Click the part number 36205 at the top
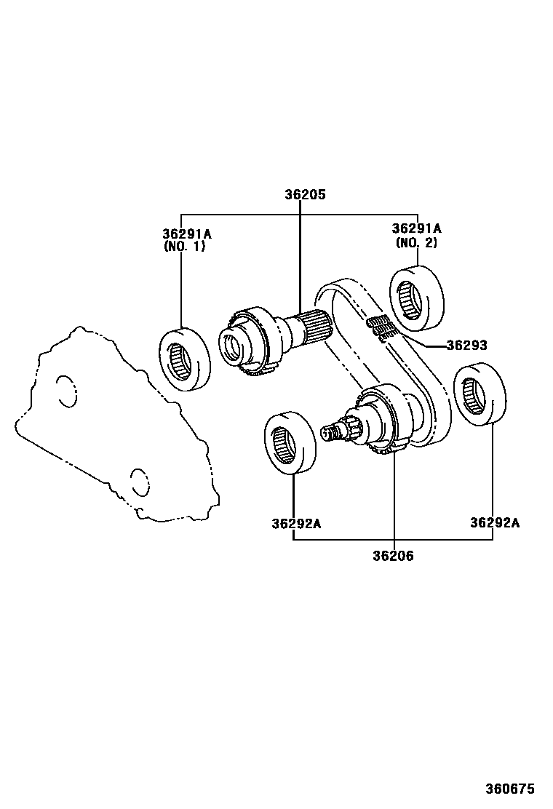[x=305, y=195]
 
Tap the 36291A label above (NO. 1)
[x=186, y=234]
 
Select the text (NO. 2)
[x=416, y=242]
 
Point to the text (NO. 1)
[x=185, y=246]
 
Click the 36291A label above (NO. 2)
[x=416, y=228]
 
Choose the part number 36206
[x=393, y=556]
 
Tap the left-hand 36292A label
[x=296, y=523]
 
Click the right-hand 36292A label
[x=495, y=522]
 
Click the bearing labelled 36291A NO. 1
[x=185, y=360]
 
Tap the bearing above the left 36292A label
[x=290, y=443]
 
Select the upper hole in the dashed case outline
[x=65, y=391]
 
